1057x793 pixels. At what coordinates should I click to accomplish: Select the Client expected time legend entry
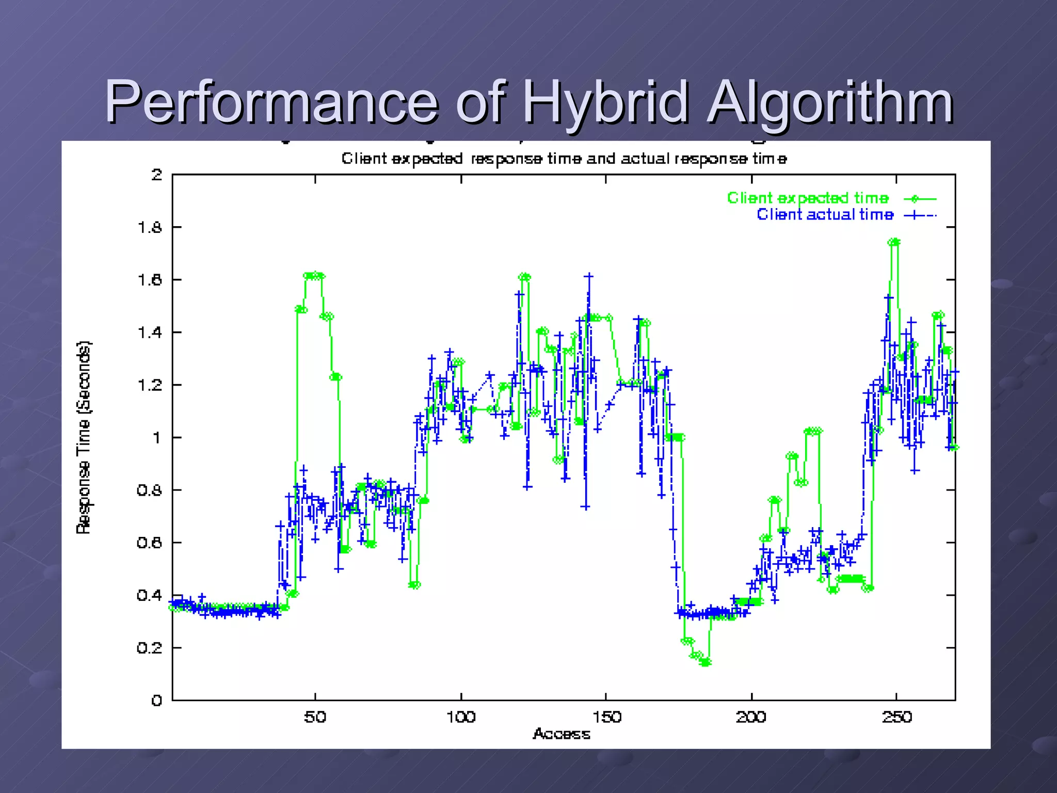808,198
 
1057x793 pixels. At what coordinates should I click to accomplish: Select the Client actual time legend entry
825,215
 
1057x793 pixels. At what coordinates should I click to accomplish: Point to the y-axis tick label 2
156,175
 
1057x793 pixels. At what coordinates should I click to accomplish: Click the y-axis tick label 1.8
150,228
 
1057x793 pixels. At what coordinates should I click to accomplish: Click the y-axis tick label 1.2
150,385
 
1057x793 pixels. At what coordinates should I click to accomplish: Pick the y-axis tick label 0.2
150,648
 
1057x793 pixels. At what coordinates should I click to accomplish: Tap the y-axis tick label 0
156,701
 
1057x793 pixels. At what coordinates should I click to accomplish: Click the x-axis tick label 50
315,717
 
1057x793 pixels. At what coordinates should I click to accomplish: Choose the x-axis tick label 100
460,717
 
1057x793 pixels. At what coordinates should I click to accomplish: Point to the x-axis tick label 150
606,717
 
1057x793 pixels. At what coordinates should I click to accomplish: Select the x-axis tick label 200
751,717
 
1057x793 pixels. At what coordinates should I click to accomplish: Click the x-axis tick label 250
896,717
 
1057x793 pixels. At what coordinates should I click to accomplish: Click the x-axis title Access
561,734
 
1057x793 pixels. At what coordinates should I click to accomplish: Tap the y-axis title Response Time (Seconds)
84,437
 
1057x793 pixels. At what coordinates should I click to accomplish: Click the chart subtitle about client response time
564,158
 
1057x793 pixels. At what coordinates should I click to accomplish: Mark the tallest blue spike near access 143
588,277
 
